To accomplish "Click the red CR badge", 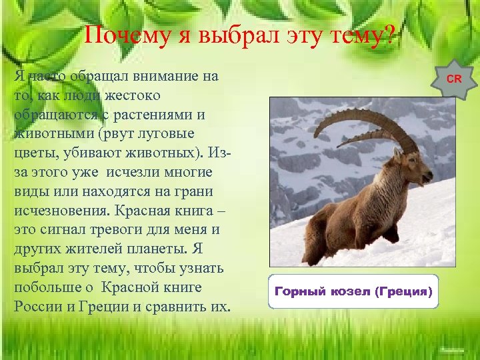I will click(x=454, y=79).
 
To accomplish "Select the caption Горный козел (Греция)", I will click(x=353, y=292).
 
